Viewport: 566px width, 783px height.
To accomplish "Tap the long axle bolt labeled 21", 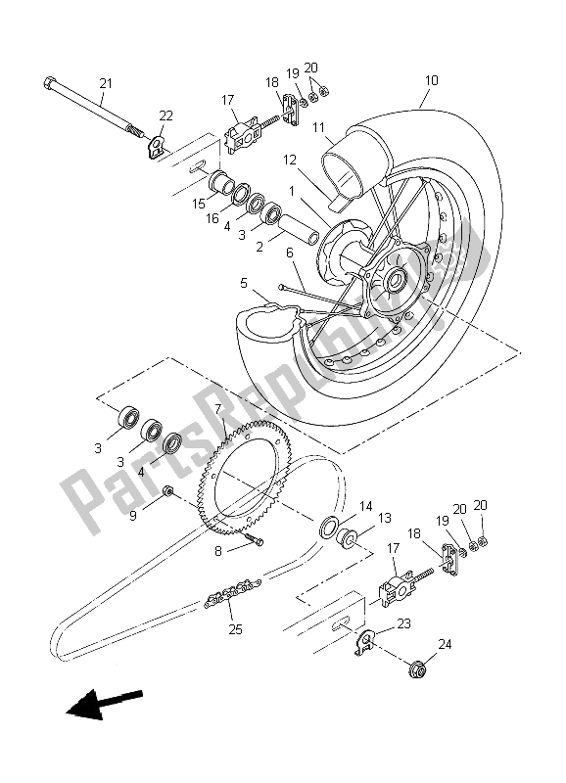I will [x=88, y=106].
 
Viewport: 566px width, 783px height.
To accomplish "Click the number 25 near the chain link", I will [x=235, y=628].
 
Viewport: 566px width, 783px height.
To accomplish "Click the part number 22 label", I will [x=165, y=116].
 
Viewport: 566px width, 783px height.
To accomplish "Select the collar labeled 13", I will [x=349, y=537].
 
